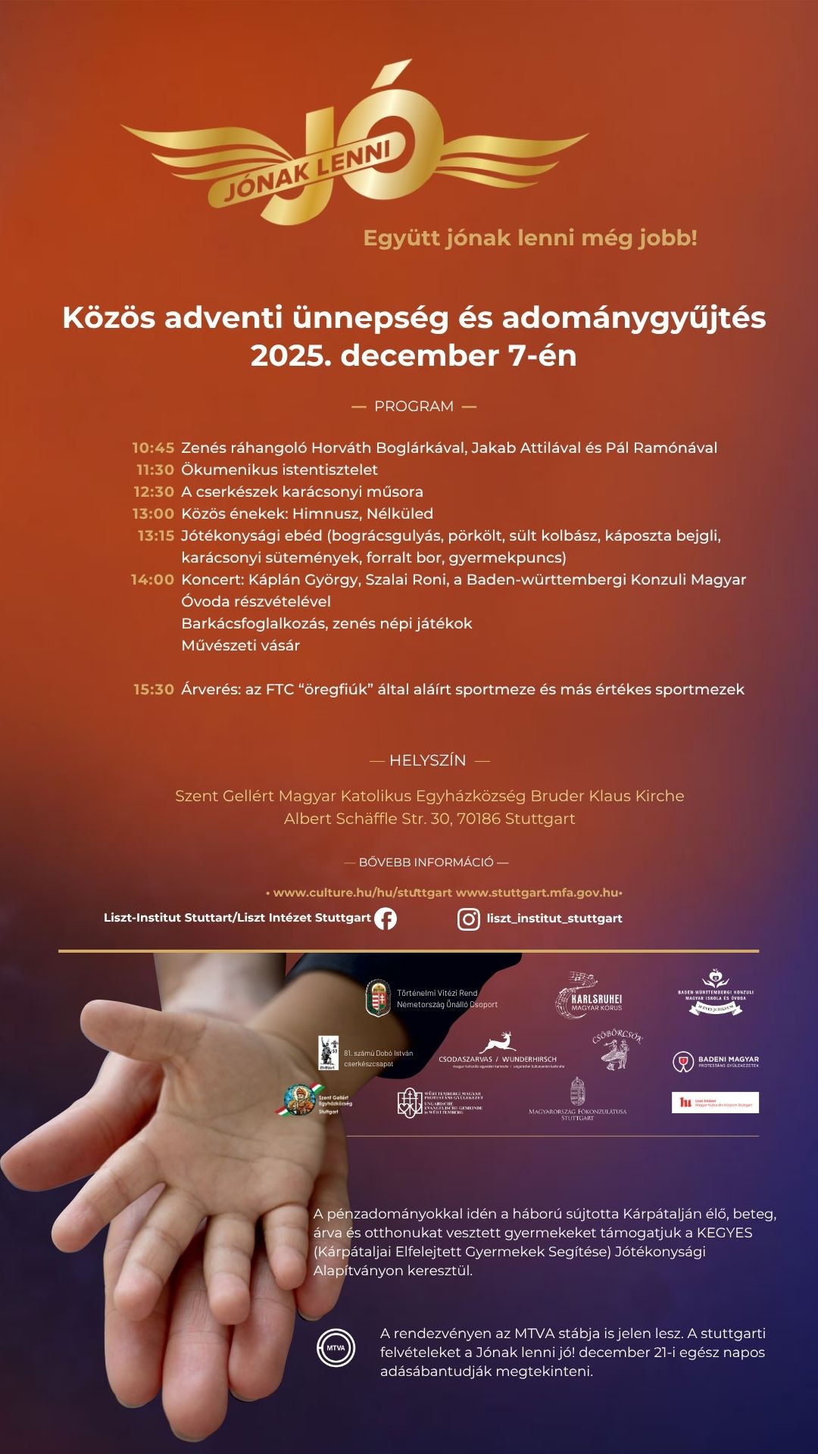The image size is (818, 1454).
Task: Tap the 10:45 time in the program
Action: [x=153, y=448]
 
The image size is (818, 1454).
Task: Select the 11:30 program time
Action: [x=155, y=470]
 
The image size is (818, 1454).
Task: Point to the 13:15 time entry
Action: [x=156, y=535]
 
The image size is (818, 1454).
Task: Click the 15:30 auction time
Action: [x=154, y=689]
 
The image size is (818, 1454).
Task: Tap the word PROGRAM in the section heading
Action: [x=414, y=407]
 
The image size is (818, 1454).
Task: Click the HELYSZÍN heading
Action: [x=428, y=760]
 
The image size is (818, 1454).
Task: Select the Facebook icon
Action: [x=386, y=919]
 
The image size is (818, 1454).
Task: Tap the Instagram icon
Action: [x=469, y=919]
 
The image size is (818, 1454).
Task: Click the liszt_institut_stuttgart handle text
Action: [x=554, y=919]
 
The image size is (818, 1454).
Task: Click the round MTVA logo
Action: [x=336, y=1348]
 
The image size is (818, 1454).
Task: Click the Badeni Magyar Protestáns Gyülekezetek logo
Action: [x=716, y=1062]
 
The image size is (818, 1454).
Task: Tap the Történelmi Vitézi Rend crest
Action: [x=378, y=998]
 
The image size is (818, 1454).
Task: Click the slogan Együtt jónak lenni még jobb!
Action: [x=530, y=238]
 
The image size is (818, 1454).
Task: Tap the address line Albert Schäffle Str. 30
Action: [x=429, y=819]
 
